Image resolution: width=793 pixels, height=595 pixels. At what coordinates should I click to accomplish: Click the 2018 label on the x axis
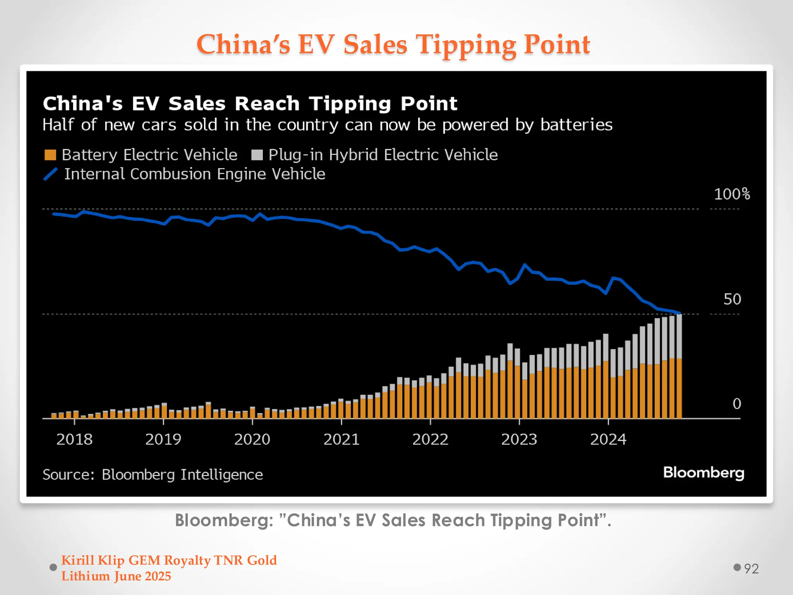74,439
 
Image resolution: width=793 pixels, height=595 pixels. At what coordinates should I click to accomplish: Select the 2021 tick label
341,439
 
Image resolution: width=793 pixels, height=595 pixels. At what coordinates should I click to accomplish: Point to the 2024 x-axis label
608,439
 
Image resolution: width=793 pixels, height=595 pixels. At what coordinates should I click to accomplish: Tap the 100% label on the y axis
731,194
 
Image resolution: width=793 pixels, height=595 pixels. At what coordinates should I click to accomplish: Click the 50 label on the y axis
732,299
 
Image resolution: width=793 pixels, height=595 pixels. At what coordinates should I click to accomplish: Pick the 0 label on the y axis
736,404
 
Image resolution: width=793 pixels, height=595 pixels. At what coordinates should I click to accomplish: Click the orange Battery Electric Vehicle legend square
50,155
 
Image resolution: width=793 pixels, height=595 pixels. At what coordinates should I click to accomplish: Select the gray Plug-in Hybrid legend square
257,155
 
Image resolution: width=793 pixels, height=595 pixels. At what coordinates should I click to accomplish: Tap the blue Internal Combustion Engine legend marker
50,174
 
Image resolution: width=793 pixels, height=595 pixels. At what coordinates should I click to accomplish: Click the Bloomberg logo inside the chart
703,473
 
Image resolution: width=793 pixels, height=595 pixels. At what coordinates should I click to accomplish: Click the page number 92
751,569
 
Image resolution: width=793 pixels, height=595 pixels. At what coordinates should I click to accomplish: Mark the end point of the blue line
680,313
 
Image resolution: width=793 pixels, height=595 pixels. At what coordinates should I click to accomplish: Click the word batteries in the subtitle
576,125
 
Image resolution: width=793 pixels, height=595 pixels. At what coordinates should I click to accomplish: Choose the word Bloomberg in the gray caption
224,520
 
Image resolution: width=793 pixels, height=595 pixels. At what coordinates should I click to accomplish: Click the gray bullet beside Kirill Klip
53,567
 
